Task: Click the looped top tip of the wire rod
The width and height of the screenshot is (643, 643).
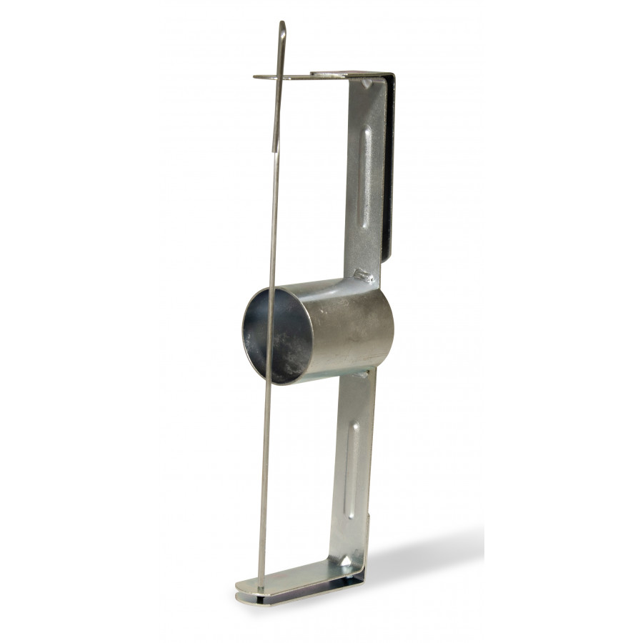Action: click(283, 25)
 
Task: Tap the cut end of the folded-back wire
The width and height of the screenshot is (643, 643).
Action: click(275, 149)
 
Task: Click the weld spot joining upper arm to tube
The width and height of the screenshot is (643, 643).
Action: click(363, 274)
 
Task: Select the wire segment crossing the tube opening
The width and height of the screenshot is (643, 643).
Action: click(270, 336)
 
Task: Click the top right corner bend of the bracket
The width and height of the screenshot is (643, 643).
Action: click(390, 76)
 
